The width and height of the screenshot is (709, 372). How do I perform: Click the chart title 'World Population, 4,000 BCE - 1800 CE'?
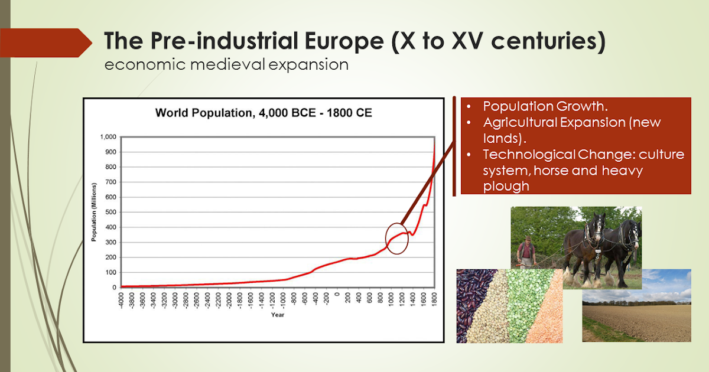pyautogui.click(x=264, y=112)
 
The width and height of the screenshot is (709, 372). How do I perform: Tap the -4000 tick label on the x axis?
pyautogui.click(x=122, y=301)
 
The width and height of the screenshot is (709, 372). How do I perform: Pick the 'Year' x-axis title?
pyautogui.click(x=278, y=315)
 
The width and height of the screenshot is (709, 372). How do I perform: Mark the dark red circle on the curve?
pyautogui.click(x=397, y=239)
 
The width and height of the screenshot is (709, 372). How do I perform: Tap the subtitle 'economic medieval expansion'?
pyautogui.click(x=226, y=64)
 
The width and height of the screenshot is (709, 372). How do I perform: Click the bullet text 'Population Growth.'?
pyautogui.click(x=545, y=107)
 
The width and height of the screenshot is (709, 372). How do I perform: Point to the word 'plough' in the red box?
pyautogui.click(x=505, y=186)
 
